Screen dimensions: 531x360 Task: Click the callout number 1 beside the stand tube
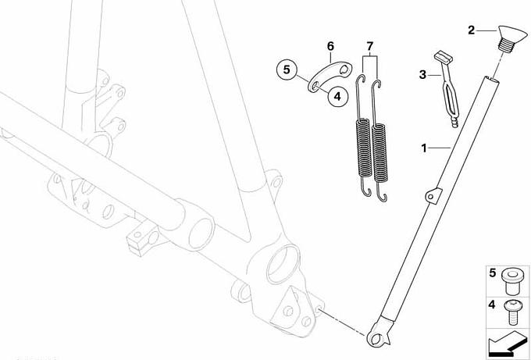click(x=424, y=148)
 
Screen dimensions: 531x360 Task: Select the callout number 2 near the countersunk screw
click(x=472, y=30)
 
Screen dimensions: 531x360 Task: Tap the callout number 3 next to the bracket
click(x=422, y=74)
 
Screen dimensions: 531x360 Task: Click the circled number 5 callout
click(x=287, y=70)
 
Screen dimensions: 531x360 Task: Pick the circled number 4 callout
click(x=337, y=97)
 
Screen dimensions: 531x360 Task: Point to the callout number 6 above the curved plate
click(x=330, y=46)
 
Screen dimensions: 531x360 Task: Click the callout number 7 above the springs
click(x=370, y=46)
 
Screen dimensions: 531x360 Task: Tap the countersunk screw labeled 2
click(x=511, y=38)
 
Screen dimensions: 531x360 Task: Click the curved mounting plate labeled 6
click(x=330, y=76)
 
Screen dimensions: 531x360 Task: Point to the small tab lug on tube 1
click(x=433, y=195)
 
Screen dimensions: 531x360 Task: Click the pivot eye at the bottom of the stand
click(x=377, y=337)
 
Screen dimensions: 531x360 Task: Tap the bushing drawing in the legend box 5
click(x=512, y=282)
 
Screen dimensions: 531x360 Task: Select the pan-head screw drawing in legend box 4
click(x=511, y=313)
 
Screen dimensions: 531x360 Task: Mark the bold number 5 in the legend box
click(x=493, y=273)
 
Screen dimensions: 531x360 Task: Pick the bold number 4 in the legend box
click(x=492, y=305)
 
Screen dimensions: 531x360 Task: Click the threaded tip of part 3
click(x=454, y=123)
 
